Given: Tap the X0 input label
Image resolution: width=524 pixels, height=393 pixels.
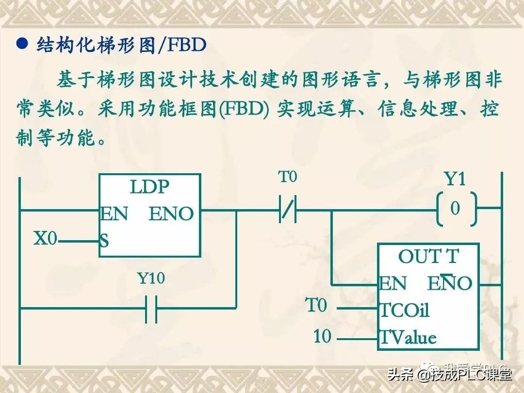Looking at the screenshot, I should click(45, 239).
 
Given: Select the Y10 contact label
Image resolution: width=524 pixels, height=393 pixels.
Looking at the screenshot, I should click(151, 278).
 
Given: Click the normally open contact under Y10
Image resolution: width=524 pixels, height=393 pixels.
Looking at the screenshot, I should click(151, 308).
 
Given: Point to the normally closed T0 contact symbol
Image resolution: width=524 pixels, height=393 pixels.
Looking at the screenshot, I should click(288, 211).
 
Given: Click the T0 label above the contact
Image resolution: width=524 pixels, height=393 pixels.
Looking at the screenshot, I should click(287, 178).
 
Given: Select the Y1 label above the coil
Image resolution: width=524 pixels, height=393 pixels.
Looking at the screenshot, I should click(455, 180).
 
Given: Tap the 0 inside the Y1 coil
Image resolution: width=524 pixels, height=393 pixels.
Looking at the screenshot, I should click(455, 209).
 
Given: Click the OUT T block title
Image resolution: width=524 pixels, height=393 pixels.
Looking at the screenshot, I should click(428, 257).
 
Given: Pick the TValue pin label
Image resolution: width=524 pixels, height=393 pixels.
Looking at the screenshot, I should click(408, 337).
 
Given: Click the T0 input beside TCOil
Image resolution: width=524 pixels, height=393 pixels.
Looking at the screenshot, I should click(316, 306).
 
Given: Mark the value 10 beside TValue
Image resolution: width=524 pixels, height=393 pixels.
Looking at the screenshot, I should click(322, 336).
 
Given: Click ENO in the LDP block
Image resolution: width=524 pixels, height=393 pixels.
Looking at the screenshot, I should click(171, 213).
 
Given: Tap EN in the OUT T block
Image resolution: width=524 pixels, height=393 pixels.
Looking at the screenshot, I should click(393, 284).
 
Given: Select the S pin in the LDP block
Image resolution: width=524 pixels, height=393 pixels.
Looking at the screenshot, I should click(104, 240).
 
